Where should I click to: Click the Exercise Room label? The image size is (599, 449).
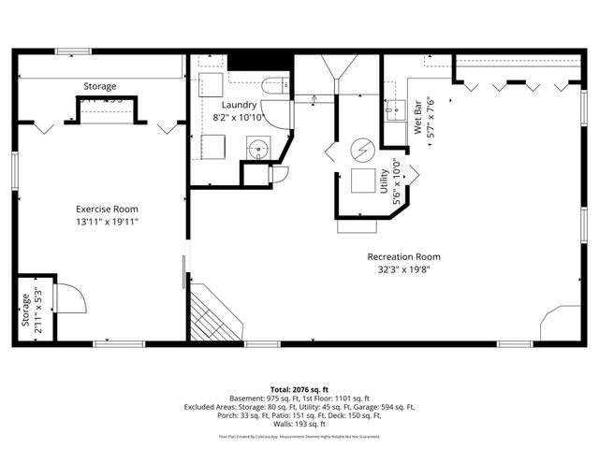[x=107, y=209]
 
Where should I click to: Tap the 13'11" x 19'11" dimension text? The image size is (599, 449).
[x=107, y=222]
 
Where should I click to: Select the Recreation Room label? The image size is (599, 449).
[x=403, y=256]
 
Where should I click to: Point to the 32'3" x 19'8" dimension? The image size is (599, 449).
[x=403, y=269]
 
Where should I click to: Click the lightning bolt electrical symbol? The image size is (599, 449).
[x=361, y=150]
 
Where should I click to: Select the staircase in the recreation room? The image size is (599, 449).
[x=213, y=315]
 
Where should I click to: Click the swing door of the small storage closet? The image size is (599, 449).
[x=70, y=299]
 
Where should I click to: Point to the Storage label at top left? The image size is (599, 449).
[x=100, y=86]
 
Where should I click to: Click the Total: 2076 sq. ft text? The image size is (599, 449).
[x=299, y=388]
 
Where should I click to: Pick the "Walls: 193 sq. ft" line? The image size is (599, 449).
[x=299, y=425]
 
